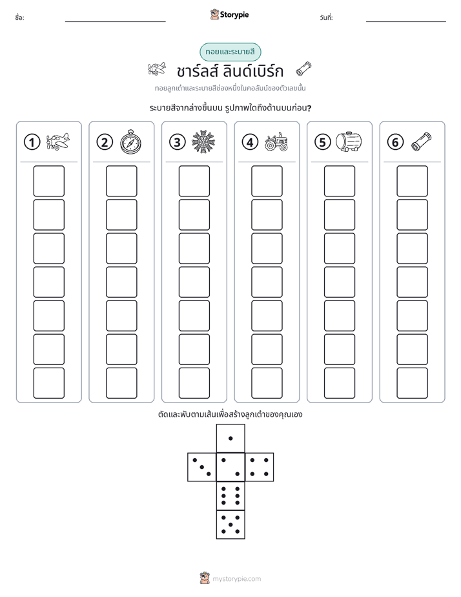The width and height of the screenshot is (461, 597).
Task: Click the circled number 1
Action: (x=32, y=142)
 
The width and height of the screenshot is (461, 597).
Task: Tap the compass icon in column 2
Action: (x=130, y=141)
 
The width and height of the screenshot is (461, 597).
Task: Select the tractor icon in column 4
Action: (x=276, y=142)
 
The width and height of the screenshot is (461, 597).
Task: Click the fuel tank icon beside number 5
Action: (x=349, y=141)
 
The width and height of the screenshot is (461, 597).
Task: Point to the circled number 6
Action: (x=395, y=142)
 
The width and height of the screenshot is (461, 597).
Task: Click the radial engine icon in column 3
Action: (x=203, y=141)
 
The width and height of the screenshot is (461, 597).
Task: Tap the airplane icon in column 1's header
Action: (x=58, y=141)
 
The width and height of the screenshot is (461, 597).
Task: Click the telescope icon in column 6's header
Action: (x=422, y=141)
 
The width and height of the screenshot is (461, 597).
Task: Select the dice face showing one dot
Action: (x=230, y=438)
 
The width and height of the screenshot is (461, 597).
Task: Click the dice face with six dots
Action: (x=230, y=496)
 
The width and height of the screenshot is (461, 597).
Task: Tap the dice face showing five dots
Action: (x=230, y=524)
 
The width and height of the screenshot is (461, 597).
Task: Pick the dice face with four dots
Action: (x=260, y=466)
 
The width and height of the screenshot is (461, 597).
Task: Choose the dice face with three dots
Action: (x=202, y=466)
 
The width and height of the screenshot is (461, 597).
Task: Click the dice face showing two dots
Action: (x=230, y=466)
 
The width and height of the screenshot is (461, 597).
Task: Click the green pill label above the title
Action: (x=230, y=52)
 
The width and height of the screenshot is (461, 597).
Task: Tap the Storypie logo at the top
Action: (x=229, y=14)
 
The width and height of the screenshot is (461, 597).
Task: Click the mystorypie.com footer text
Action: (x=236, y=579)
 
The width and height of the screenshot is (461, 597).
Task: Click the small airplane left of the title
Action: (x=157, y=69)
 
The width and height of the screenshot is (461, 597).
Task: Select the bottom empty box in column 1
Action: (x=48, y=382)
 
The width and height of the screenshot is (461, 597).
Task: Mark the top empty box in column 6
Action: (x=412, y=181)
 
